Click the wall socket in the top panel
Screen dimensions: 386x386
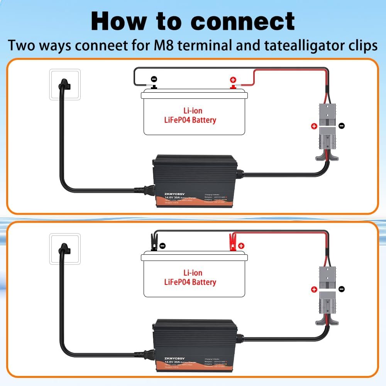pyautogui.click(x=65, y=85)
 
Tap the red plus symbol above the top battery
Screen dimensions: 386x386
pyautogui.click(x=233, y=80)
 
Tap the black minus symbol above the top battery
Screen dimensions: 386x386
pyautogui.click(x=154, y=79)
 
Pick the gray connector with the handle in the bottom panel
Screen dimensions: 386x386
pyautogui.click(x=328, y=305)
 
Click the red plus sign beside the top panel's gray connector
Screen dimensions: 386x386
pyautogui.click(x=314, y=126)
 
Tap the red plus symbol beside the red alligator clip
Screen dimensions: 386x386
pyautogui.click(x=241, y=245)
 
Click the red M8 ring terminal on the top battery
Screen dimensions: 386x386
pyautogui.click(x=233, y=87)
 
